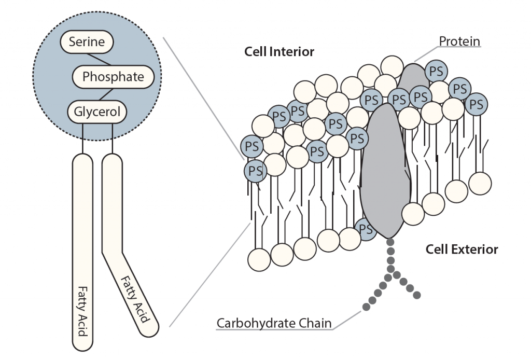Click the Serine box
pyautogui.click(x=87, y=42)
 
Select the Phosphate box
pyautogui.click(x=113, y=77)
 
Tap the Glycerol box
pyautogui.click(x=97, y=112)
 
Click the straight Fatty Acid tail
pyautogui.click(x=82, y=249)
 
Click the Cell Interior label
pyautogui.click(x=280, y=52)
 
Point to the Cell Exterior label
pyautogui.click(x=462, y=250)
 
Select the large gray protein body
pyautogui.click(x=385, y=171)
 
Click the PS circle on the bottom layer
pyautogui.click(x=366, y=229)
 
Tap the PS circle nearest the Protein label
pyautogui.click(x=436, y=71)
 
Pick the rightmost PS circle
pyautogui.click(x=476, y=104)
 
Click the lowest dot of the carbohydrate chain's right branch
pyautogui.click(x=417, y=295)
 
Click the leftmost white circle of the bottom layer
pyautogui.click(x=259, y=258)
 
